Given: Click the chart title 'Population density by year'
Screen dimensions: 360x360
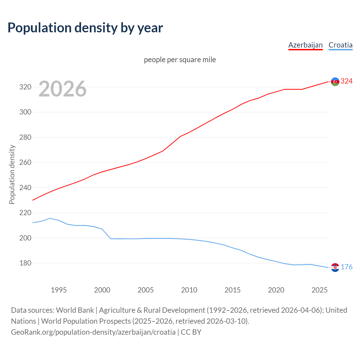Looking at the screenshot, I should click(85, 28).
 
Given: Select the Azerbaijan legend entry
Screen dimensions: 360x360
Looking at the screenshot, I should click(305, 45).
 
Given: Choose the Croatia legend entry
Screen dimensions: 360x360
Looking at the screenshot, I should click(340, 45).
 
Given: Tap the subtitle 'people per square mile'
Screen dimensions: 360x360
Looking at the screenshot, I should click(180, 60).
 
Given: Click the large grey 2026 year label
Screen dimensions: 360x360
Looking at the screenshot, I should click(62, 89).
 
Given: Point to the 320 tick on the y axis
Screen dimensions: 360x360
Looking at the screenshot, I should click(25, 87).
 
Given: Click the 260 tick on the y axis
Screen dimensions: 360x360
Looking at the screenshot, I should click(25, 163).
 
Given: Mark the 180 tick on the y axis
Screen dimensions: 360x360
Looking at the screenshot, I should click(25, 263).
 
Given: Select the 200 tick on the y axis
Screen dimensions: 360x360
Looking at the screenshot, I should click(25, 238).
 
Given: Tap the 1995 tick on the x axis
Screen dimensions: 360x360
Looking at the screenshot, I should click(58, 290).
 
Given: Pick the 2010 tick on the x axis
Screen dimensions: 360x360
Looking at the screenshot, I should click(189, 290).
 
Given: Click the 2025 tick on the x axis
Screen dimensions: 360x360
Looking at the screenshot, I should click(319, 290).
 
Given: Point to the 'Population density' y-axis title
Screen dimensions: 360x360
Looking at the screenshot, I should click(12, 174).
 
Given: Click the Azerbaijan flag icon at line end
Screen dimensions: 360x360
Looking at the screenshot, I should click(335, 82).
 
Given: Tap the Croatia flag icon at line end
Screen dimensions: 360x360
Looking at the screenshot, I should click(335, 267).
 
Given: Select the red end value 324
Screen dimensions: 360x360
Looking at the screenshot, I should click(346, 81).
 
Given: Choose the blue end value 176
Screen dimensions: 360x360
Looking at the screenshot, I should click(346, 267).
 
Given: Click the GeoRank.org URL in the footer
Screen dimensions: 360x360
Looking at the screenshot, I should click(93, 332).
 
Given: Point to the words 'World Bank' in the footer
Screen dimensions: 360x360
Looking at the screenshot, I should click(75, 310).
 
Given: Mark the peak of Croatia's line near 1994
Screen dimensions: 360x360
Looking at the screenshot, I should click(50, 218).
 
